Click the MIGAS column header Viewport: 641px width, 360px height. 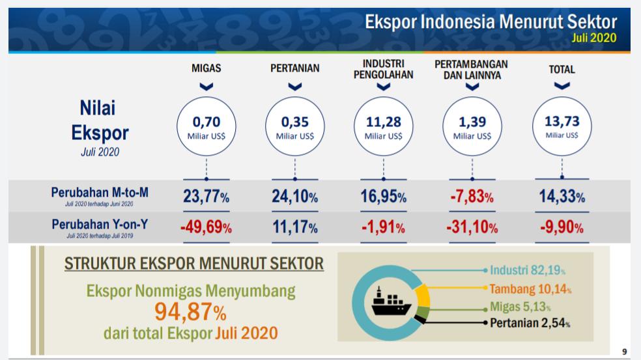[206, 68]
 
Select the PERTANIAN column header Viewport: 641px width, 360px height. [294, 68]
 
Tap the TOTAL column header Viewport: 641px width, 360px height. [562, 69]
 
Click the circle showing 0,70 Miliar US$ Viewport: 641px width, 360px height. [207, 126]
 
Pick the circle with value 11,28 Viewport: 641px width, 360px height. [383, 126]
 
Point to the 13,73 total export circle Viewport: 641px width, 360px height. [562, 126]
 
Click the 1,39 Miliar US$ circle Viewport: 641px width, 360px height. [472, 126]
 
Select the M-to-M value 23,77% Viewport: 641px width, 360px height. [206, 197]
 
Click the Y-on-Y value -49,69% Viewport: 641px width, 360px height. [205, 228]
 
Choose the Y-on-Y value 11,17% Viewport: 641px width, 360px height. [294, 228]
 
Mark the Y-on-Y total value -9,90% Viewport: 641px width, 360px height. [562, 228]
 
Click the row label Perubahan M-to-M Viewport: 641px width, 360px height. [100, 193]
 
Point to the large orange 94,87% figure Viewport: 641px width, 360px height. [190, 312]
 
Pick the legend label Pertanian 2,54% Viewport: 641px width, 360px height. [530, 322]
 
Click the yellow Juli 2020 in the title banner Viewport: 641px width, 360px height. [593, 38]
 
